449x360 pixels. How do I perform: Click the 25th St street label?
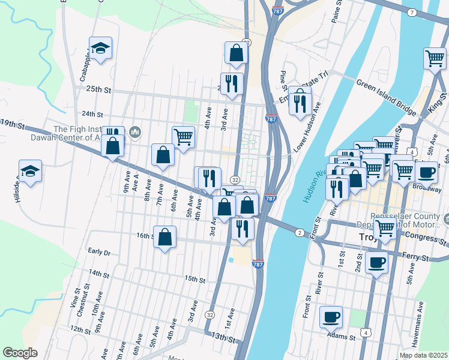[99, 89]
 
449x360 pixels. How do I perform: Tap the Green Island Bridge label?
[386, 98]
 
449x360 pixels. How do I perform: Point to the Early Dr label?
[99, 252]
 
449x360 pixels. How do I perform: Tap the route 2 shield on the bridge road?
[298, 232]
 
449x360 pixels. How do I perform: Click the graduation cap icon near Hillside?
[30, 171]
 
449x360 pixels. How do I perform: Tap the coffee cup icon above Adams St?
[331, 316]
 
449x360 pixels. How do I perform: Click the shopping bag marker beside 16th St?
[165, 237]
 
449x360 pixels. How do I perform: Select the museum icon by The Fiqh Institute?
[135, 131]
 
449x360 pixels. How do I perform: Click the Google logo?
[20, 352]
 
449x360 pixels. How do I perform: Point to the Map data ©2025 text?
[423, 355]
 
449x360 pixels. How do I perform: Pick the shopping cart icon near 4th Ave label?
[183, 137]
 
